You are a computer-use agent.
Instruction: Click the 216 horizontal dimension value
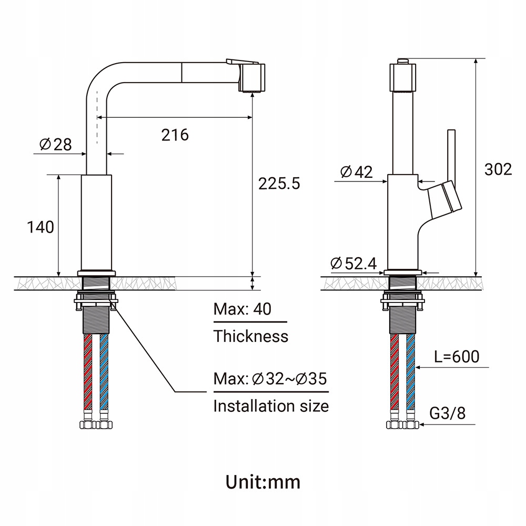[175, 135]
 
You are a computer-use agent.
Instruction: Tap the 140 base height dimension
[41, 227]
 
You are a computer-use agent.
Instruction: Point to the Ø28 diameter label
[56, 144]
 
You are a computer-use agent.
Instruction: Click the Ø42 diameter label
[356, 172]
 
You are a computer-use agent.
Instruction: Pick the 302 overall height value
[498, 169]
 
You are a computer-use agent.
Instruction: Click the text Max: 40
[242, 309]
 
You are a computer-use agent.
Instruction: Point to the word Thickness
[251, 336]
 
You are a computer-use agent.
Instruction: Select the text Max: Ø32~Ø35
[270, 379]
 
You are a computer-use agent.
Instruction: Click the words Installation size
[271, 406]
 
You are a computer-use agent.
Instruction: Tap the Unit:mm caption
[263, 481]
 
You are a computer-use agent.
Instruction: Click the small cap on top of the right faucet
[403, 61]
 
